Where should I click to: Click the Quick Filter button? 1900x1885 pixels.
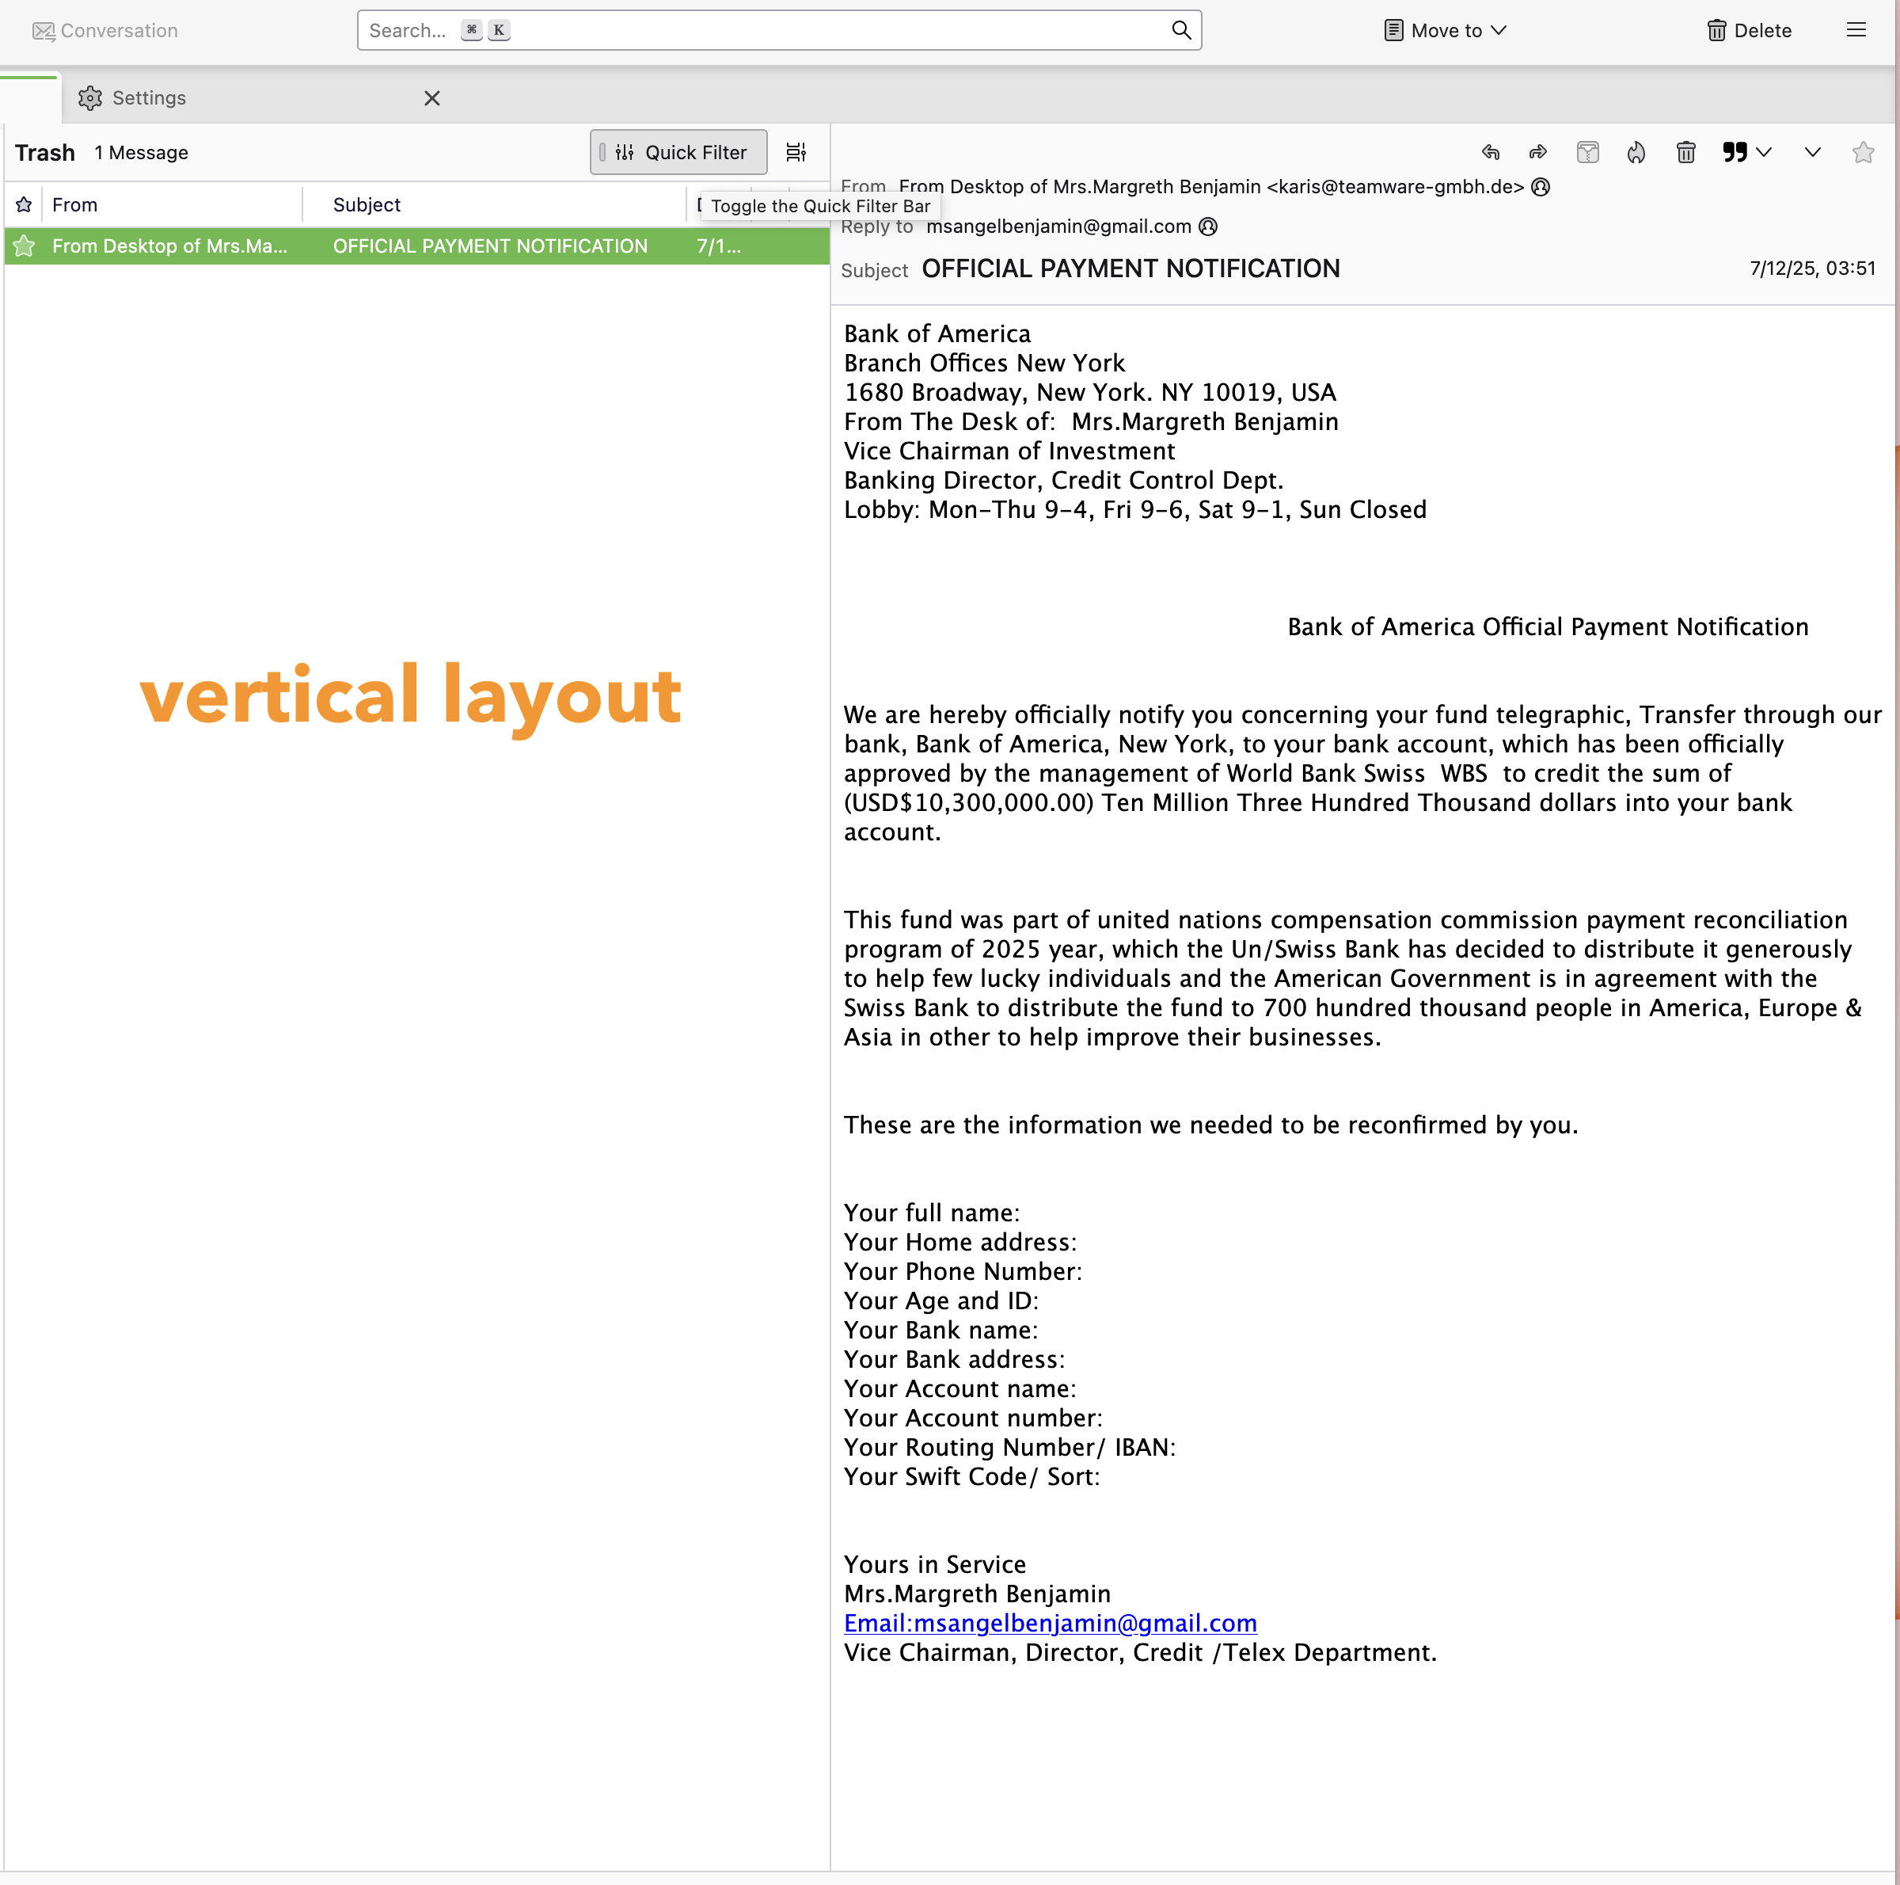pos(678,153)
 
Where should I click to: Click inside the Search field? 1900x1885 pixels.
pos(767,31)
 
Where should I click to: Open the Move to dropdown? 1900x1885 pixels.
pos(1445,31)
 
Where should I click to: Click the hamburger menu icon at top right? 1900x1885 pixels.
pos(1856,31)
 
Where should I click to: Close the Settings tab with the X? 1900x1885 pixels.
pos(431,98)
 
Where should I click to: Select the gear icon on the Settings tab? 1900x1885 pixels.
pos(90,98)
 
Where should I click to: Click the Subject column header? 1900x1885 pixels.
pos(367,204)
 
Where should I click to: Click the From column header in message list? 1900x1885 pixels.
pos(74,204)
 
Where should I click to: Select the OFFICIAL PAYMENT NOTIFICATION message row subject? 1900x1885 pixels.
pos(490,246)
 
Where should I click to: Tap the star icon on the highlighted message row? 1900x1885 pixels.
pos(25,246)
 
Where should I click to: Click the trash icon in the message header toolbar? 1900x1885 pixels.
pos(1685,153)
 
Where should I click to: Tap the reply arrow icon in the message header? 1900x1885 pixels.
pos(1491,153)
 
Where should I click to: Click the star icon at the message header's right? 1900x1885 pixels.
pos(1863,153)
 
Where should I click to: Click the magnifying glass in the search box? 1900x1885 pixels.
pos(1181,31)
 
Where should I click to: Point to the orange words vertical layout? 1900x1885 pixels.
pos(410,695)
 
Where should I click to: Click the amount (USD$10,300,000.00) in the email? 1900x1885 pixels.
pos(969,803)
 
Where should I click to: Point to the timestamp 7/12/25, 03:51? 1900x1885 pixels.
pos(1812,268)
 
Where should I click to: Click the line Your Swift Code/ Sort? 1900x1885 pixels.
pos(971,1476)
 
